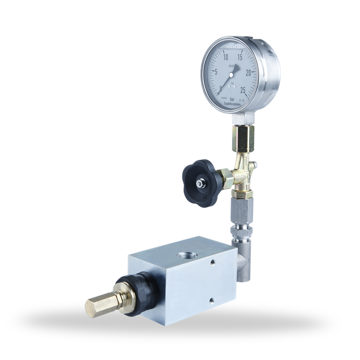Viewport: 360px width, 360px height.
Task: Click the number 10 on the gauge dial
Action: (225, 57)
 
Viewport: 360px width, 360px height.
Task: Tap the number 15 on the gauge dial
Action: (240, 57)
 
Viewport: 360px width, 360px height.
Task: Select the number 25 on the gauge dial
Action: (243, 90)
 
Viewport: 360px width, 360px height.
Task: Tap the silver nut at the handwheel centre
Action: (201, 184)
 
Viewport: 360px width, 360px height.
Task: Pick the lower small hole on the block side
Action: (211, 299)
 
